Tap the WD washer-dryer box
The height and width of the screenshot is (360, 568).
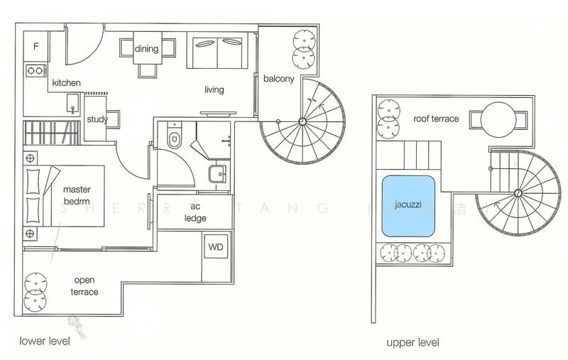click(215, 249)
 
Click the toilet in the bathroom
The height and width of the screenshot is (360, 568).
click(173, 137)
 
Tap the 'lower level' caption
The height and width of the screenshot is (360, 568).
click(45, 341)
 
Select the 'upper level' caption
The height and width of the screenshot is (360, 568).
click(413, 342)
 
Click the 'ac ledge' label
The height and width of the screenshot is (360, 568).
click(195, 212)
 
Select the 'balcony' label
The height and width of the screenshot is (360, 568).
click(278, 79)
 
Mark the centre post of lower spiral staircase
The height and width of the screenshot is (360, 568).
click(302, 121)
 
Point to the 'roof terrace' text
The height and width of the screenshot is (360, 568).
click(436, 119)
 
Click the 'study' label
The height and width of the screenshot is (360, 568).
click(97, 119)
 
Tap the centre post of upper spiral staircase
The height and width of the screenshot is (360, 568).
click(518, 193)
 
